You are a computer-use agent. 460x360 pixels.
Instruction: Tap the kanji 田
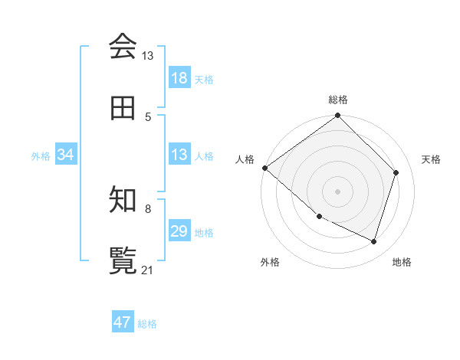pos(123,109)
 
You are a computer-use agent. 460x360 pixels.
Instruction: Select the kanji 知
pos(123,200)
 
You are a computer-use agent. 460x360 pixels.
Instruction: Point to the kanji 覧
pos(123,260)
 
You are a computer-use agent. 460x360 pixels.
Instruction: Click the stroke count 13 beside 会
pos(147,56)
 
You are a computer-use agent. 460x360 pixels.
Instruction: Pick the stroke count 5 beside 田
pos(149,116)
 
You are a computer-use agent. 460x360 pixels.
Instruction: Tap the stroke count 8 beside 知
pos(148,208)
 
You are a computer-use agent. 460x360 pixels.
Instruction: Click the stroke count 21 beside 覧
pos(147,270)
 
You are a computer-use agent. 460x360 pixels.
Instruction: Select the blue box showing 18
pos(179,78)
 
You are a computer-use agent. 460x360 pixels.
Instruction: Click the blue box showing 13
pos(179,155)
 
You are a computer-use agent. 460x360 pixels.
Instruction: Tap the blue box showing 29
pos(179,231)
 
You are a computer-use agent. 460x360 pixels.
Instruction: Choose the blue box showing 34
pos(66,155)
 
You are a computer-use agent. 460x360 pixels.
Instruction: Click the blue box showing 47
pos(123,322)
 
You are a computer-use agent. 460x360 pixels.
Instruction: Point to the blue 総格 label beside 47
pos(147,324)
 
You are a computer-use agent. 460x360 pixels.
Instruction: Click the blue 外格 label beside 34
pos(41,156)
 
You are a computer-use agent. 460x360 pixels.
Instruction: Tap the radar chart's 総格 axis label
pos(338,100)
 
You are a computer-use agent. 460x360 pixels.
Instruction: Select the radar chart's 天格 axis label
pos(431,159)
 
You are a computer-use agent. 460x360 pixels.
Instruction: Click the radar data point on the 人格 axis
pos(264,168)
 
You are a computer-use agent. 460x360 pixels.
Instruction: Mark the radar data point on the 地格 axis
pos(373,241)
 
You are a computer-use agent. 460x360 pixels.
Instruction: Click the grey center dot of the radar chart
pos(337,191)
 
